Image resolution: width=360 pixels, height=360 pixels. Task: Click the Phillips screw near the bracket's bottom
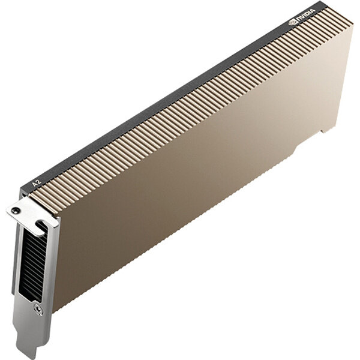pyautogui.click(x=39, y=310)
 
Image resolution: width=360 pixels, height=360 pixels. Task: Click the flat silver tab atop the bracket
pyautogui.click(x=30, y=213)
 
